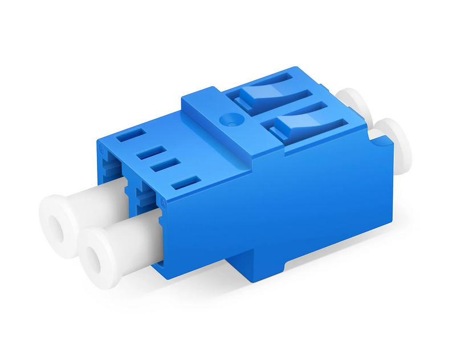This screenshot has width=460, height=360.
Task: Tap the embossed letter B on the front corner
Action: (x=102, y=147)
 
